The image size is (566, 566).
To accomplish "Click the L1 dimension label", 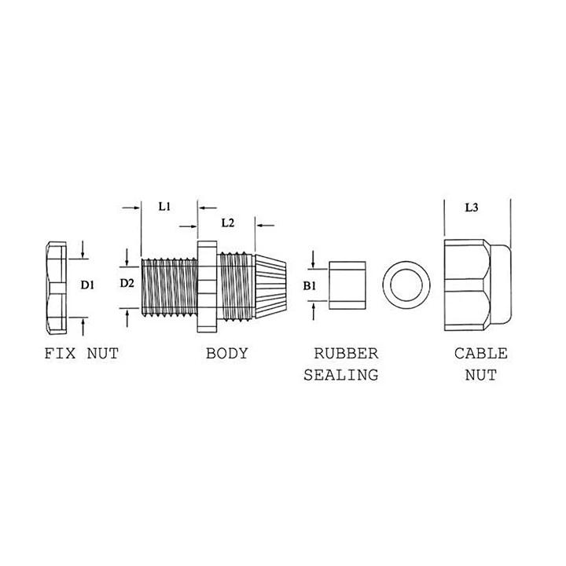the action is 164,207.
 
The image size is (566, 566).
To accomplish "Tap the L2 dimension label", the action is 228,223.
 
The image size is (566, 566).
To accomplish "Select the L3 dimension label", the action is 472,208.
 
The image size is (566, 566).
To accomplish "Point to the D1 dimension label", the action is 87,285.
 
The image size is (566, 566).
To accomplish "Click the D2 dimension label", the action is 127,283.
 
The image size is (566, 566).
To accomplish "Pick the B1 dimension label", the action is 310,286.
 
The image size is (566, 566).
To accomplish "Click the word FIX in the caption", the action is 60,354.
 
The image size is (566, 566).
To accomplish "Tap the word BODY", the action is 227,354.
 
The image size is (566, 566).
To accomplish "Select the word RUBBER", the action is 346,354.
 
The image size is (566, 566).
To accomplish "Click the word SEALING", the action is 340,375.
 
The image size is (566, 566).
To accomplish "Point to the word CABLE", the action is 481,354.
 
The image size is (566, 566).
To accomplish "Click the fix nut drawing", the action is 57,288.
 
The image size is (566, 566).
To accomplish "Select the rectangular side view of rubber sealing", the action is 347,285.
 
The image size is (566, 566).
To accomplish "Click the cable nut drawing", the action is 478,285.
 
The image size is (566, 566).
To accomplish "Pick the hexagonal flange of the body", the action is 207,287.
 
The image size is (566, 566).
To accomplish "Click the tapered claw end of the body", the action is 271,287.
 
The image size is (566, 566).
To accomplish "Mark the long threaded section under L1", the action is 169,288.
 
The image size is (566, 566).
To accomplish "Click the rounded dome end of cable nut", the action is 502,285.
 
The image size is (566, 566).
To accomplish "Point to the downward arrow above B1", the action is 313,260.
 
